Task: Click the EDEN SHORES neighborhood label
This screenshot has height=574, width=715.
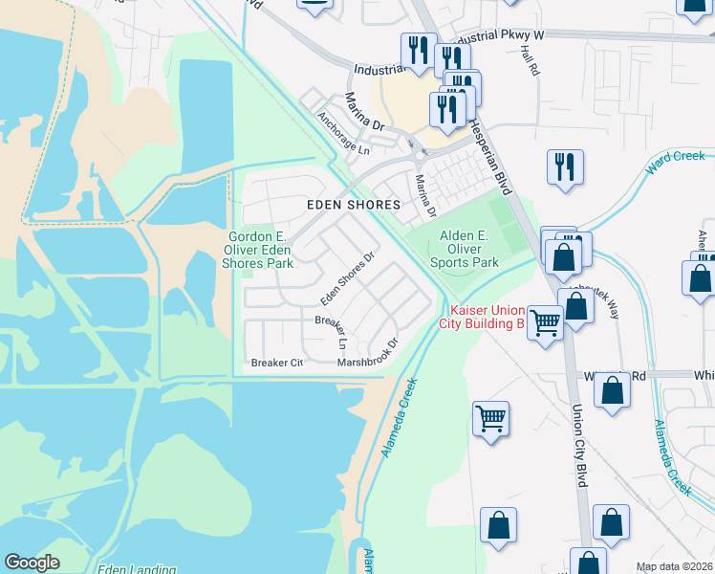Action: click(x=353, y=205)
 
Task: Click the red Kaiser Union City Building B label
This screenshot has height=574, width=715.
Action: click(x=482, y=317)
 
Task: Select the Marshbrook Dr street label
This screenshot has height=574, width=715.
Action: click(x=367, y=356)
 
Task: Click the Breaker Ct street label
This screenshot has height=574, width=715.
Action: click(x=276, y=363)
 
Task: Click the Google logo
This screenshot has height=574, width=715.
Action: click(x=32, y=562)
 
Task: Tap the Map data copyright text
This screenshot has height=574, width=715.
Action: click(x=674, y=566)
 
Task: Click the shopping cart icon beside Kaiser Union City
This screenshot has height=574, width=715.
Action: click(x=545, y=322)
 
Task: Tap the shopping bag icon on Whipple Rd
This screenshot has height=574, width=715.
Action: click(x=612, y=389)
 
